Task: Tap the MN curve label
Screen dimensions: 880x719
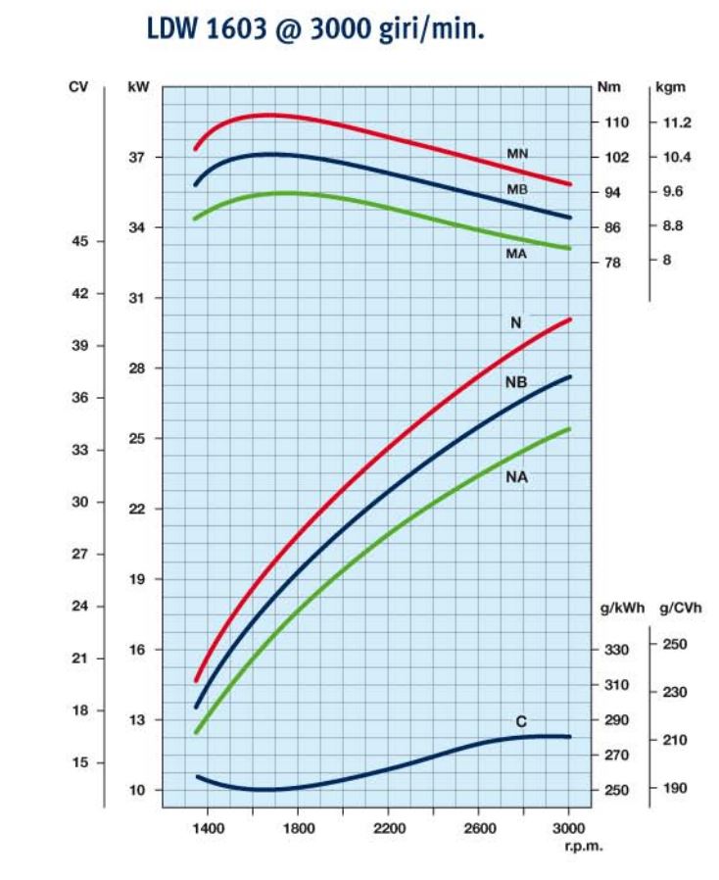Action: click(517, 155)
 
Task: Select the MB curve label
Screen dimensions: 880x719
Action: click(517, 189)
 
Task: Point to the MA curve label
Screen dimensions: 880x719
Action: click(517, 254)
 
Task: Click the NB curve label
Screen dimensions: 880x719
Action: click(516, 382)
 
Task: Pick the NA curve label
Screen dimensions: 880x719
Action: click(516, 477)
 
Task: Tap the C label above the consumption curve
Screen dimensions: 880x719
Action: click(521, 721)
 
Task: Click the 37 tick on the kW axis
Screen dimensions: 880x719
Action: click(137, 157)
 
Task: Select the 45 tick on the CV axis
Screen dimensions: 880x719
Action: click(79, 241)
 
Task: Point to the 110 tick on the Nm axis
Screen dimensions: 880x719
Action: click(617, 122)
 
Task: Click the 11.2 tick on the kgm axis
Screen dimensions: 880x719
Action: click(677, 122)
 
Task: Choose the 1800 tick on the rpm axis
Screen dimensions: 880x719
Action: click(298, 828)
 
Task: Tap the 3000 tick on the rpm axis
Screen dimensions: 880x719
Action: click(568, 828)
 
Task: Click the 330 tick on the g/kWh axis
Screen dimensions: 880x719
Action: click(616, 650)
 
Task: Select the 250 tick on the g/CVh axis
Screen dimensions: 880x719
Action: click(676, 644)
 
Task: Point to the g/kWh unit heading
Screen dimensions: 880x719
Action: click(621, 608)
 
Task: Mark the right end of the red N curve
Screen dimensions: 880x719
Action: click(569, 319)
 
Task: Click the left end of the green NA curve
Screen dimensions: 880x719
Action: click(197, 732)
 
